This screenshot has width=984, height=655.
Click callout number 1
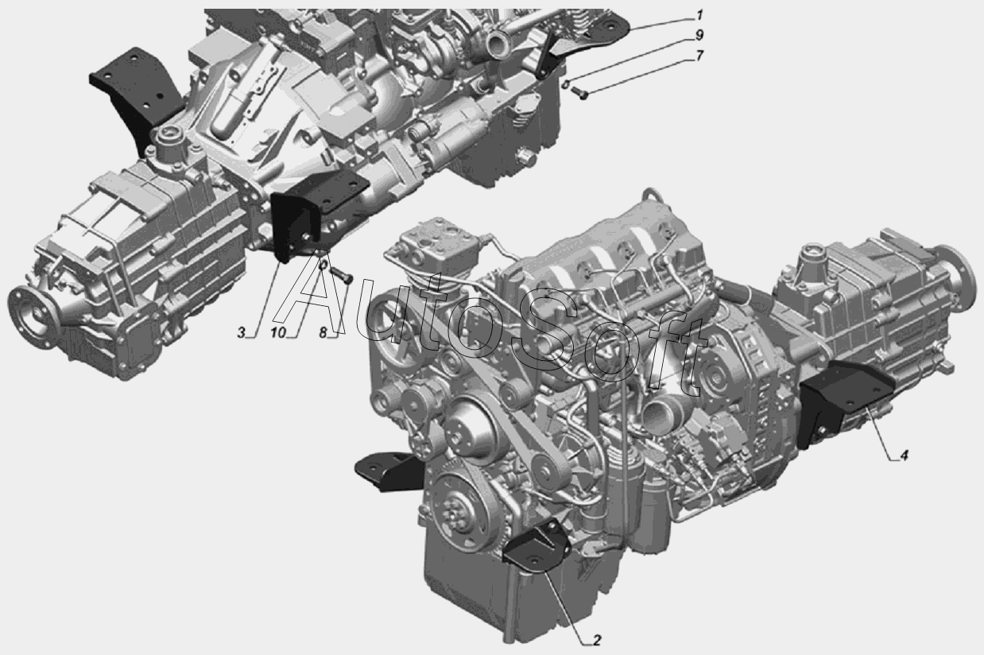coord(699,16)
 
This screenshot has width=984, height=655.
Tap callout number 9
coord(699,35)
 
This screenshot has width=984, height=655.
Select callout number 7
coord(699,56)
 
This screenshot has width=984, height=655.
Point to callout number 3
coord(241,333)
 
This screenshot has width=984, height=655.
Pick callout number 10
coord(277,333)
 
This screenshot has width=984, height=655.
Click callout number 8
coord(323,333)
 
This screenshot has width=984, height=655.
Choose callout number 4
coord(904,455)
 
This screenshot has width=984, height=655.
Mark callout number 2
coord(596,640)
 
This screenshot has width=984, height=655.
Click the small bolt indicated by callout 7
coord(579,93)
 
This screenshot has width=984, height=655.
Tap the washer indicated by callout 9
coord(567,82)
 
